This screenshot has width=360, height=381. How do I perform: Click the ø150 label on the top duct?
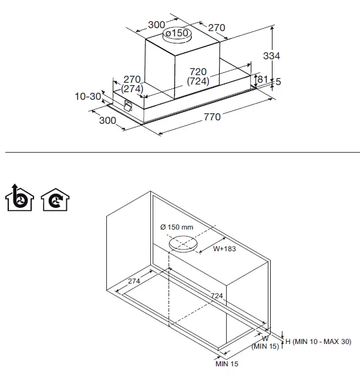point(177,33)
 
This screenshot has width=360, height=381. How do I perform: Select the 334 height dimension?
point(271,56)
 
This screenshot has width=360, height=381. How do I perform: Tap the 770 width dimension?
point(212,117)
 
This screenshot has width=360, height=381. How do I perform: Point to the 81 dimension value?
point(263,79)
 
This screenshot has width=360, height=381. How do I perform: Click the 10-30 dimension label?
point(88,96)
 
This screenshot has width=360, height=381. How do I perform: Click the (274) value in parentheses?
point(132,88)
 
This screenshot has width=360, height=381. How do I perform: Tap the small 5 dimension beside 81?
point(278,82)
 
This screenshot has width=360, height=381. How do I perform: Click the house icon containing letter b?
point(18,198)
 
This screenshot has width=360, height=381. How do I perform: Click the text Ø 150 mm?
point(176,227)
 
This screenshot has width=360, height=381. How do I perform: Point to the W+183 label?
point(224,248)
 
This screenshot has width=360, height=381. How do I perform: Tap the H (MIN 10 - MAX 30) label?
point(318,342)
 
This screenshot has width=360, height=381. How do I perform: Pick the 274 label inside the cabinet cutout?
point(134,281)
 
